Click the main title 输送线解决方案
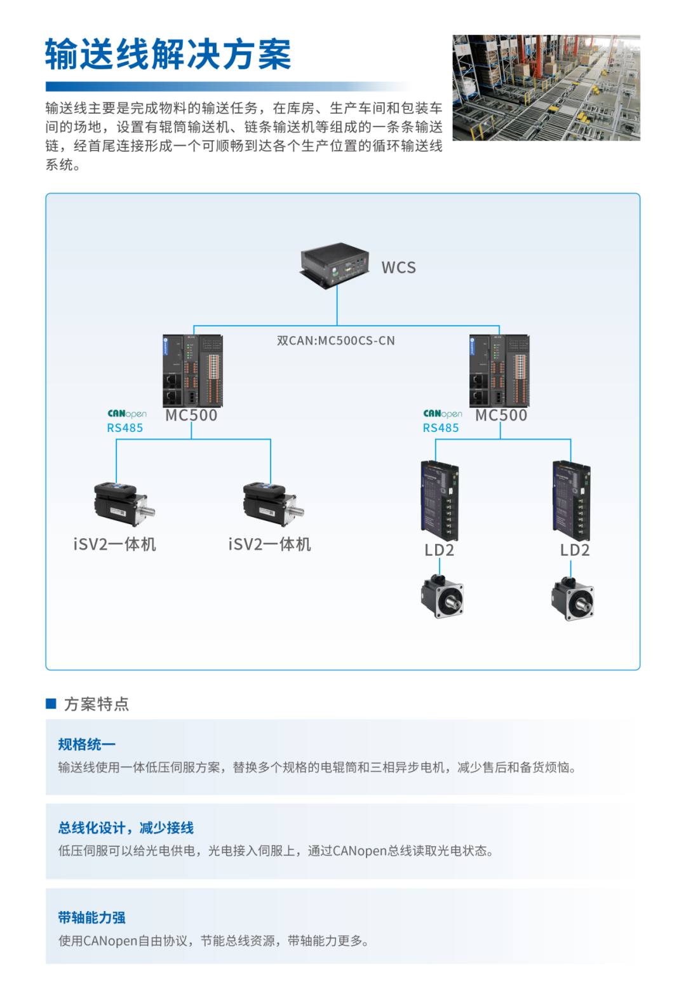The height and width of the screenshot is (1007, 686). point(168,54)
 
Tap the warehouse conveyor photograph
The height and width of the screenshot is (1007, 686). point(546,88)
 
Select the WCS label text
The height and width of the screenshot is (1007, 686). point(399,267)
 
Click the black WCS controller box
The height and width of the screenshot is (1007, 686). point(335,264)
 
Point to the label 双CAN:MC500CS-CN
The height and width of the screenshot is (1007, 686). point(336,341)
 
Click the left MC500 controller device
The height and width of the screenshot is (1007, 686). point(192,371)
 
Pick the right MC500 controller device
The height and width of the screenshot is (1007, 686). point(499,371)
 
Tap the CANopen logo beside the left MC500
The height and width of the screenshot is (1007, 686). point(127,414)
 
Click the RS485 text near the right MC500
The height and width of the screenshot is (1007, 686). point(441,428)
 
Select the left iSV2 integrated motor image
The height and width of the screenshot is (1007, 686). point(124,504)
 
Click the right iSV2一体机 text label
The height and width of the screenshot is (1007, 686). point(270,544)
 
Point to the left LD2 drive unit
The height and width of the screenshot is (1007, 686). point(440,501)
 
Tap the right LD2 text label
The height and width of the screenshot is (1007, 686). point(575,550)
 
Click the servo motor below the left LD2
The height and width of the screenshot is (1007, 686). point(442,597)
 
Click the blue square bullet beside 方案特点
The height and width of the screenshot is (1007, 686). point(51,704)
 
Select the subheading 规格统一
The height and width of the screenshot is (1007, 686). point(87,745)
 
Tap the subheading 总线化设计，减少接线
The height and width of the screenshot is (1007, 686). point(126,828)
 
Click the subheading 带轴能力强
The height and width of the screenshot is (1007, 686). point(91,917)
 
